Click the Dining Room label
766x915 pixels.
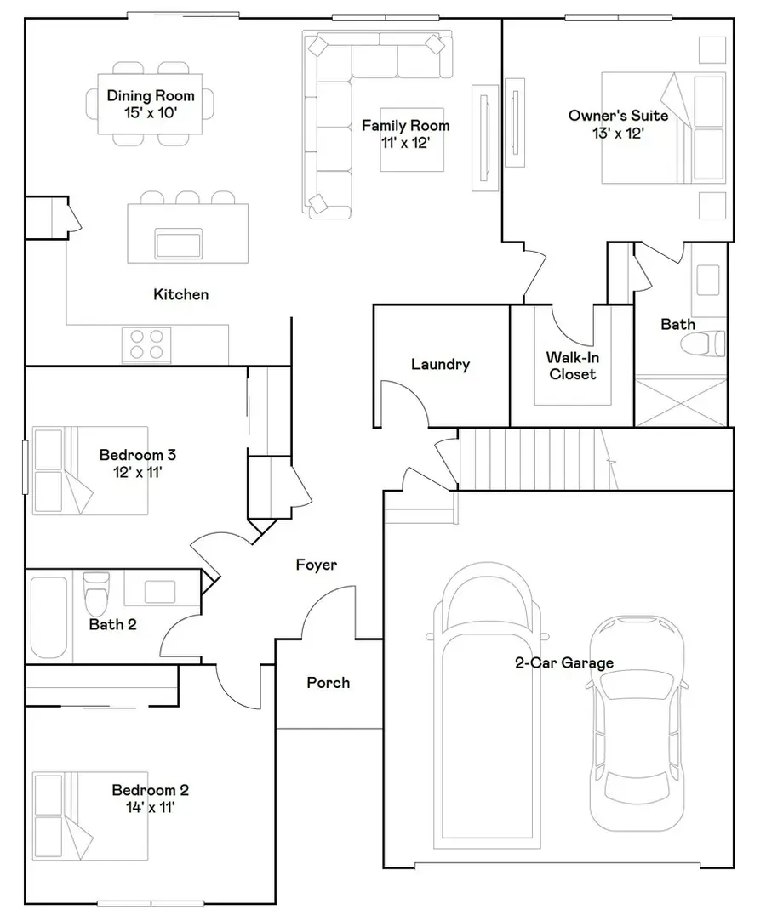150,96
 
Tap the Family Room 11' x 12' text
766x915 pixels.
405,134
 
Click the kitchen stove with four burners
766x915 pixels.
146,344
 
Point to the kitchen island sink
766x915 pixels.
179,243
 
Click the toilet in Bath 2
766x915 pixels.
97,593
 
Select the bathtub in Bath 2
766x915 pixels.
49,618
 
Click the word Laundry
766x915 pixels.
440,365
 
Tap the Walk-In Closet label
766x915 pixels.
572,366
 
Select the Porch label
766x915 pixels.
328,682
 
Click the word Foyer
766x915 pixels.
316,565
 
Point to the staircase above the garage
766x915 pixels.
532,459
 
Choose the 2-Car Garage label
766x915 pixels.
563,663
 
